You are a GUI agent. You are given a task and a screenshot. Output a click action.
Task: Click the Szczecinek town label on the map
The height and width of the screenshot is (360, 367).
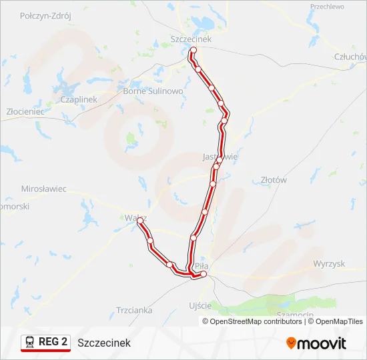pos(191,39)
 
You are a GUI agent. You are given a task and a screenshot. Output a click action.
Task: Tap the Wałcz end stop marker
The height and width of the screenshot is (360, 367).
pos(140,221)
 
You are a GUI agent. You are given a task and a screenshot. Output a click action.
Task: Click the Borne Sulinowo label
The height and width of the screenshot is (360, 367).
pos(153,91)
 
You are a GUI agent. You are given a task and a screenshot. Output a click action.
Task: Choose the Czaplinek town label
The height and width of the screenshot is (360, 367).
pos(79,99)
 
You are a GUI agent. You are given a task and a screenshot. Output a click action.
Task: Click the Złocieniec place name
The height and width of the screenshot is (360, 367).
pos(25,112)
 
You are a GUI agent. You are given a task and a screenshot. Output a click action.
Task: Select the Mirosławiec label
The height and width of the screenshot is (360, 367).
pos(44,189)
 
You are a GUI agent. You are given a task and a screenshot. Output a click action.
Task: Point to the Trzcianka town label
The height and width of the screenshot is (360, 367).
pos(134,310)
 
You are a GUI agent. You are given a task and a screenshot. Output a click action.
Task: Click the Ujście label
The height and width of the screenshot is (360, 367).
pos(201,305)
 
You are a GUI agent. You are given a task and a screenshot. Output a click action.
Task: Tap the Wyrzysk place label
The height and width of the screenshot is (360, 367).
pos(329,263)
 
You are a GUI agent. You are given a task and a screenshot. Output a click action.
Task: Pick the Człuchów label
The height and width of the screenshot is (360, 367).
pos(351,57)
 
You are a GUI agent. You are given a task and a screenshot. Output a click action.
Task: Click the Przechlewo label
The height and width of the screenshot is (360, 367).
pos(327,7)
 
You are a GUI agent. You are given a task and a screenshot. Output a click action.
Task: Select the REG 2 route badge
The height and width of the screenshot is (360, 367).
pos(45,343)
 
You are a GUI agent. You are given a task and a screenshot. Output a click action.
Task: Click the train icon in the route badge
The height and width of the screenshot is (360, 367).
pos(30,343)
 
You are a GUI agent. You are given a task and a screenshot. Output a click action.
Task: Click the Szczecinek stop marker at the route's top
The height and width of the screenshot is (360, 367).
pos(194,51)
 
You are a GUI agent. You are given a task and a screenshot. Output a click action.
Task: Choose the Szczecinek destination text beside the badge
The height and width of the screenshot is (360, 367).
pos(104,343)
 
